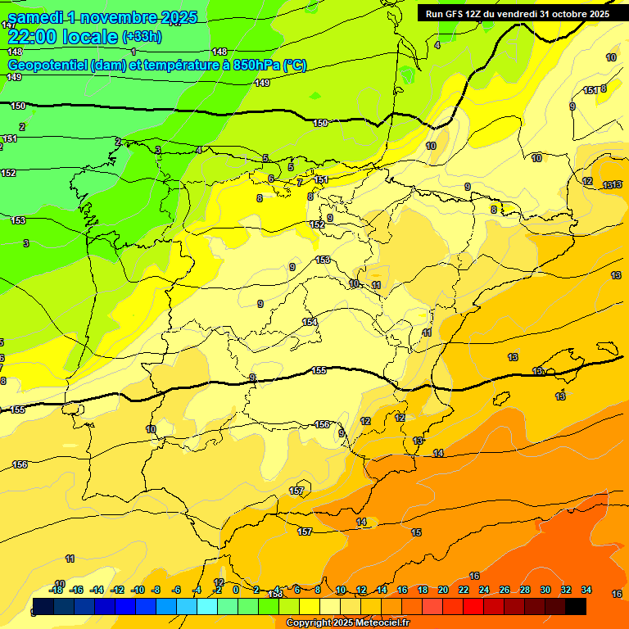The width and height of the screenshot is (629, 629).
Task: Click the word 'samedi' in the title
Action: (35, 17)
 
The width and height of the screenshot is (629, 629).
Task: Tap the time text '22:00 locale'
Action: (62, 37)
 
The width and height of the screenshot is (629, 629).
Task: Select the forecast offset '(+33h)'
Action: (142, 37)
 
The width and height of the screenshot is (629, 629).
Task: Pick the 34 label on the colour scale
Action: (586, 590)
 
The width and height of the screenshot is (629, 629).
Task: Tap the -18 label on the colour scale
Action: (56, 590)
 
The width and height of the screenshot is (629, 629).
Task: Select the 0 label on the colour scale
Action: (236, 590)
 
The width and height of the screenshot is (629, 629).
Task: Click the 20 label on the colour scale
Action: (442, 590)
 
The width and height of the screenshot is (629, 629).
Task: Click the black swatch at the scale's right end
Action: (576, 607)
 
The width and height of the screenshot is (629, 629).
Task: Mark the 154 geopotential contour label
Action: (310, 322)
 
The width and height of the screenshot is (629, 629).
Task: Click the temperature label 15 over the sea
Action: (416, 532)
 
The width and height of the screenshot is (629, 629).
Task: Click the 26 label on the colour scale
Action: (504, 590)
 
